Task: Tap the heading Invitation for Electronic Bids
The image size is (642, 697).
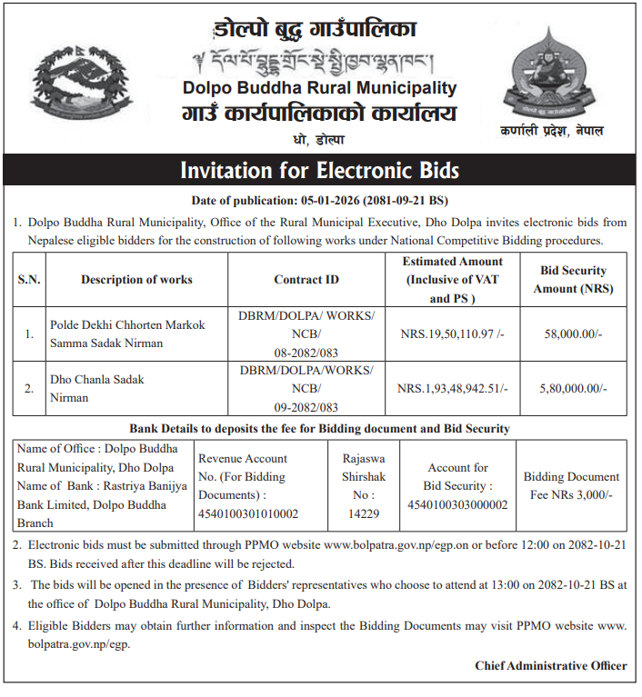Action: click(319, 170)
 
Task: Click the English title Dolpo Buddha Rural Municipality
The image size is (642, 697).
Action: click(319, 88)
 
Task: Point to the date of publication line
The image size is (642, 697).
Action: click(319, 200)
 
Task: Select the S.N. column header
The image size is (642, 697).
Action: click(29, 280)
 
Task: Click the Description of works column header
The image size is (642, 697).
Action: click(136, 280)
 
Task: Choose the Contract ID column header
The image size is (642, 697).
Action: click(306, 280)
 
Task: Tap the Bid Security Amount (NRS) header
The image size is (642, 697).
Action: click(573, 280)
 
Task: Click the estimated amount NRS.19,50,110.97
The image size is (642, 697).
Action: click(452, 334)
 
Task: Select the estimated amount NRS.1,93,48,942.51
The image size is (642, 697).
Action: click(452, 388)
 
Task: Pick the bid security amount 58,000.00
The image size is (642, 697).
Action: click(573, 334)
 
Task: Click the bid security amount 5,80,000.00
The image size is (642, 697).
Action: click(573, 388)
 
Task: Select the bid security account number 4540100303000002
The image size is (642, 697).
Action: click(457, 505)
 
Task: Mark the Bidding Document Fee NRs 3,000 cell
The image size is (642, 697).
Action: click(571, 486)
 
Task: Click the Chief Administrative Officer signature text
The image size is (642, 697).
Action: click(550, 666)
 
